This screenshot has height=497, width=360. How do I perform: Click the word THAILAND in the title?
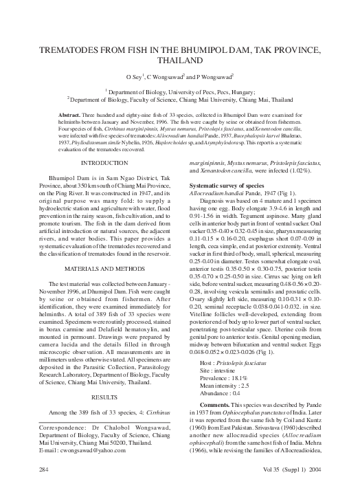pyautogui.click(x=180, y=63)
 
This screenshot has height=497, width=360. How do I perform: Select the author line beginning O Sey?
pyautogui.click(x=180, y=78)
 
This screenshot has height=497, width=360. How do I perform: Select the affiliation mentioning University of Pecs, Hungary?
pyautogui.click(x=180, y=91)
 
